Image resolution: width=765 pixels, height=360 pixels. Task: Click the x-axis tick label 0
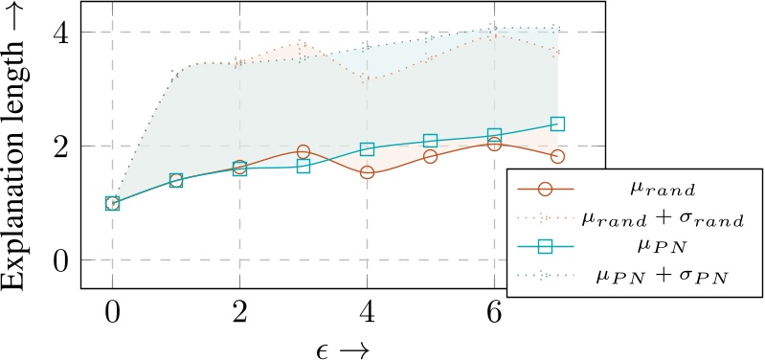click(x=112, y=313)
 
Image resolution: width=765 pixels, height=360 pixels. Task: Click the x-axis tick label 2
click(x=239, y=313)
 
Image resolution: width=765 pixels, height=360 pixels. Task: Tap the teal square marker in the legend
click(x=545, y=248)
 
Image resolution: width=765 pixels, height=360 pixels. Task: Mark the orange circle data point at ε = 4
click(x=367, y=172)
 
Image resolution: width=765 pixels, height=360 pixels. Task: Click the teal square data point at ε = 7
click(x=557, y=124)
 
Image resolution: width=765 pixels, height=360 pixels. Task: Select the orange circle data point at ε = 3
click(x=304, y=151)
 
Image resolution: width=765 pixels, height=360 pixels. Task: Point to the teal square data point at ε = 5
click(x=431, y=141)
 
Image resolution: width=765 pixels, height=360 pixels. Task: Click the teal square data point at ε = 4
click(x=367, y=149)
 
